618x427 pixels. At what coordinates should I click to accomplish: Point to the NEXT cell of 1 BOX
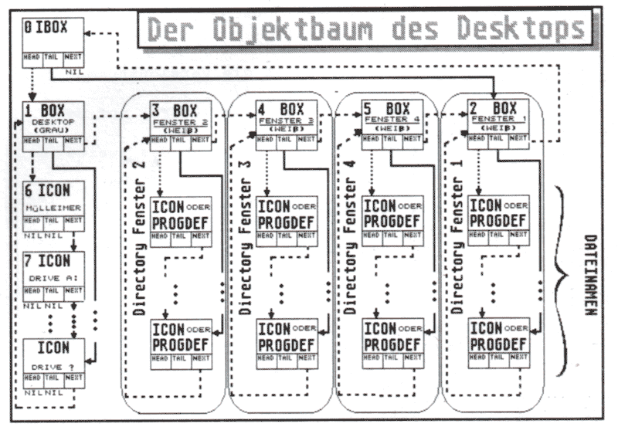click(x=73, y=141)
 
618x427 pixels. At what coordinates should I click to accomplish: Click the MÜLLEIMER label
click(x=53, y=208)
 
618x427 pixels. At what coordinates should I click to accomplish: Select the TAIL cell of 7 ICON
click(x=53, y=291)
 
